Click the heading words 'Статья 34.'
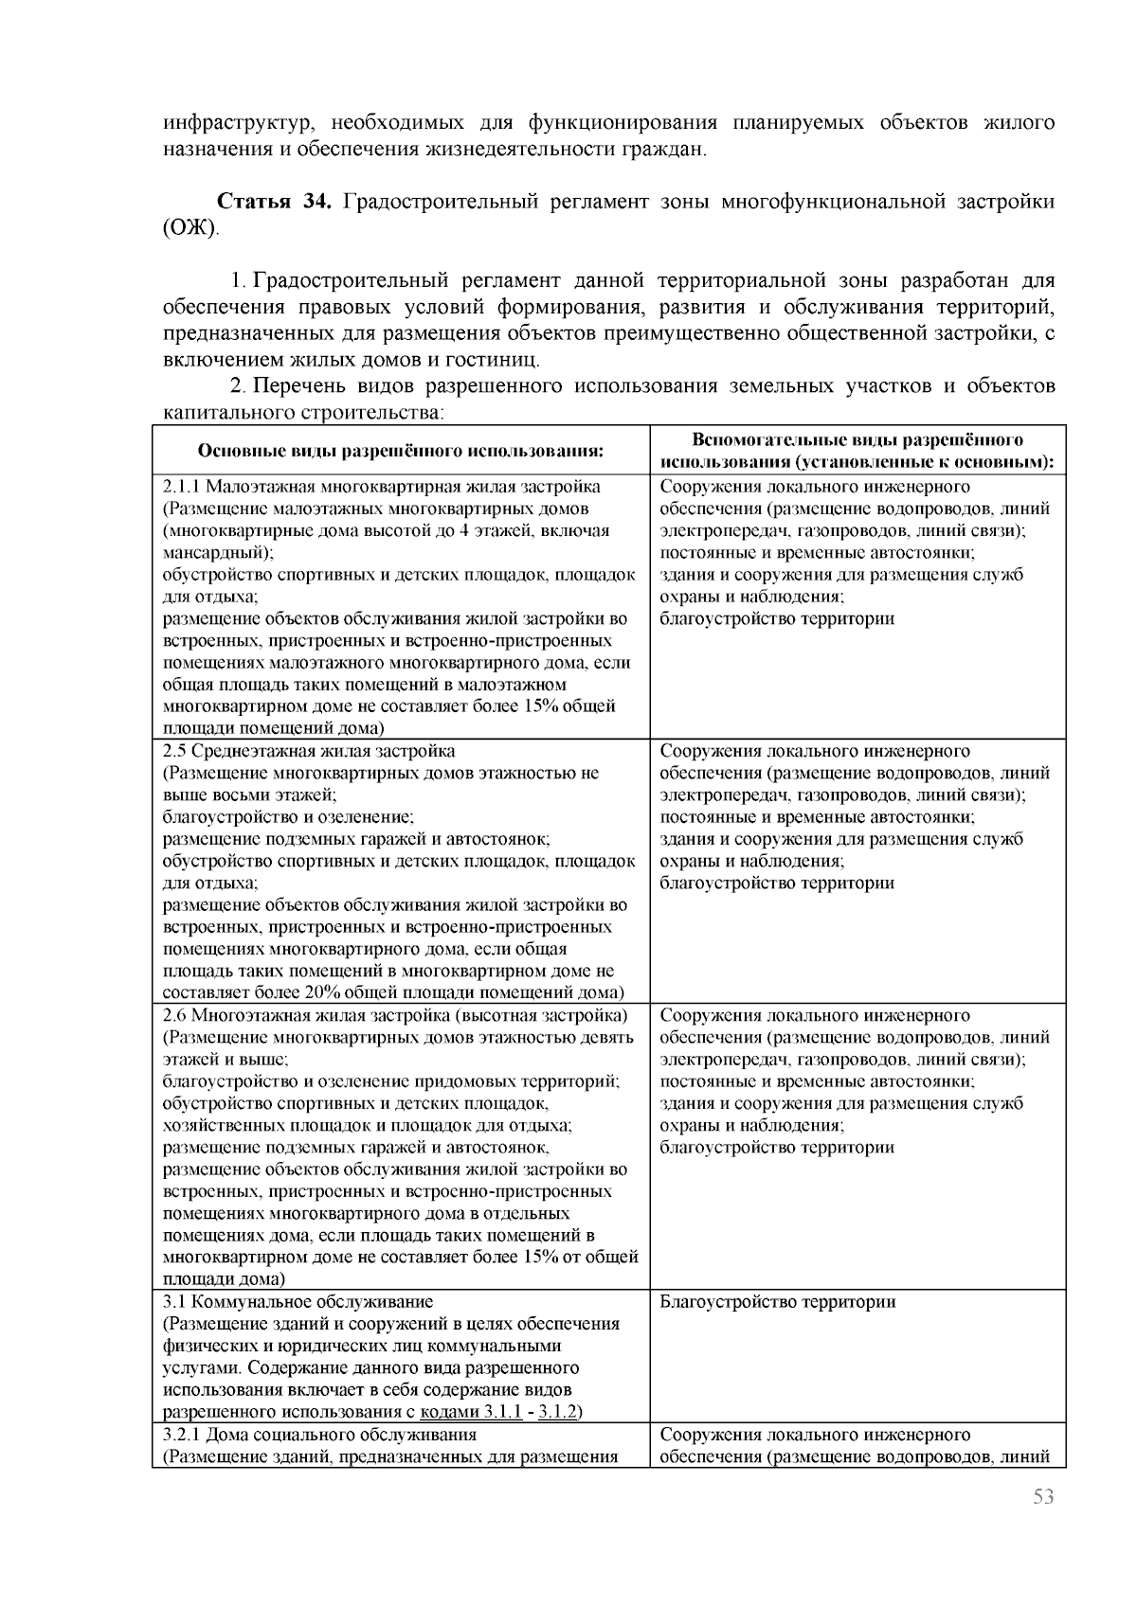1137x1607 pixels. click(x=274, y=203)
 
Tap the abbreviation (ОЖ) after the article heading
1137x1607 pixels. click(x=189, y=228)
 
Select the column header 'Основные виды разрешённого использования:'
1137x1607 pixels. click(x=401, y=451)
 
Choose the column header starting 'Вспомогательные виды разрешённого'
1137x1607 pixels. click(x=857, y=440)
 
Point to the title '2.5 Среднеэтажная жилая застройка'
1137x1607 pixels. click(x=309, y=751)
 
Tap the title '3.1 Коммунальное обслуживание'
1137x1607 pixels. click(x=298, y=1301)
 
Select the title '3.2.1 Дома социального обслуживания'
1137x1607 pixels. click(x=319, y=1434)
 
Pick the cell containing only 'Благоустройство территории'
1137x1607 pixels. click(x=777, y=1301)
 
